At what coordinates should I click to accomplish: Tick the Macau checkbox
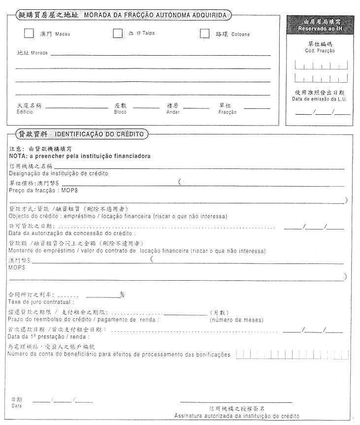29,33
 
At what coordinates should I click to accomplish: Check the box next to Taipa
118,33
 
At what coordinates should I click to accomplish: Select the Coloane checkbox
205,33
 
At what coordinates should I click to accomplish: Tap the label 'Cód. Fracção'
320,51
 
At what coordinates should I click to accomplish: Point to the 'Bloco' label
120,112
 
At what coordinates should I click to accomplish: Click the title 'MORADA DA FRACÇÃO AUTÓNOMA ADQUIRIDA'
155,15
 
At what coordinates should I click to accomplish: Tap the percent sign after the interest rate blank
122,294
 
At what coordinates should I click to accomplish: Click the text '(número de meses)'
236,320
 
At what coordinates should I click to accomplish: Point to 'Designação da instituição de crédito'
59,173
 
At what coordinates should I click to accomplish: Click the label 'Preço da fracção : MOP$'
43,190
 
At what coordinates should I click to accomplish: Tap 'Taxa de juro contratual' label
41,302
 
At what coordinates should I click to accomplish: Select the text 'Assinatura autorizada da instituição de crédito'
236,416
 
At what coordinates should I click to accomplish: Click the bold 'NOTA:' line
80,156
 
